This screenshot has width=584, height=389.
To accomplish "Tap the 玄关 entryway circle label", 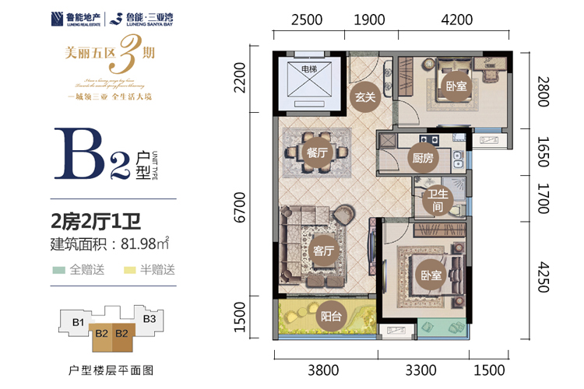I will [365, 97].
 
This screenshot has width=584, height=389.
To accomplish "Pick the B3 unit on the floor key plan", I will [150, 318].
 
